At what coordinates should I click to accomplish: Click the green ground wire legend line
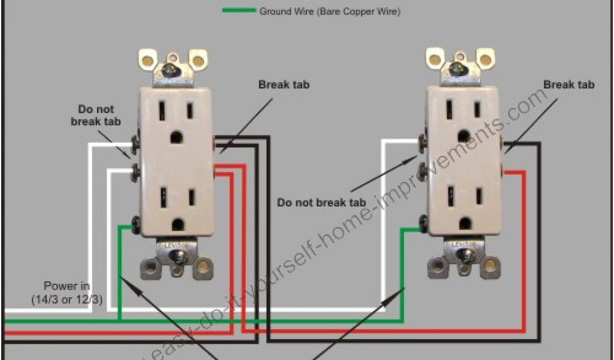238,11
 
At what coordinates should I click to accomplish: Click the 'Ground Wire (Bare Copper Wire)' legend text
330,11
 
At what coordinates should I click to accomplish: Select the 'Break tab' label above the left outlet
284,85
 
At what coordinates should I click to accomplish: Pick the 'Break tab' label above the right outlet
568,85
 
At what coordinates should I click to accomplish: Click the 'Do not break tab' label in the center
321,202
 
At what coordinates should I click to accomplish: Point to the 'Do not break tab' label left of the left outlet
96,115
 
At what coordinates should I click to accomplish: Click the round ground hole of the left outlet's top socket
176,137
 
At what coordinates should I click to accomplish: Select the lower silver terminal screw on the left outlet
135,172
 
